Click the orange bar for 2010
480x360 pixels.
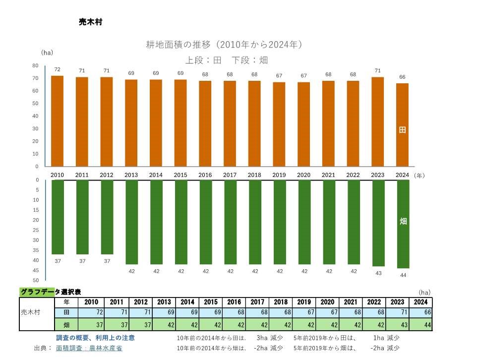(x=57, y=121)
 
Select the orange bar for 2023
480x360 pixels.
(x=378, y=122)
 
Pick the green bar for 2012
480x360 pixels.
(x=107, y=217)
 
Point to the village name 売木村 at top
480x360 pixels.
(x=90, y=22)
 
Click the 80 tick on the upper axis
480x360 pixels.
(x=35, y=65)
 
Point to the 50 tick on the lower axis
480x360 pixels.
(x=35, y=280)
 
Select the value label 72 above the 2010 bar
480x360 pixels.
(x=57, y=69)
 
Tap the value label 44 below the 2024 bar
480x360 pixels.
(x=403, y=275)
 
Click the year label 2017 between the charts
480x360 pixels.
(x=230, y=175)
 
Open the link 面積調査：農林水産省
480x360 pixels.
(x=89, y=348)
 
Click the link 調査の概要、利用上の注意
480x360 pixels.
(x=95, y=338)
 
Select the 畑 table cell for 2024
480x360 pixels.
(x=421, y=325)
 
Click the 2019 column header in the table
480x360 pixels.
(x=304, y=302)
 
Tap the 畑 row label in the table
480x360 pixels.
(x=66, y=325)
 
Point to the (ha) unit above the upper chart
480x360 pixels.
(x=47, y=52)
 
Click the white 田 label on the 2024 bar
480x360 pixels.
(x=403, y=130)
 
